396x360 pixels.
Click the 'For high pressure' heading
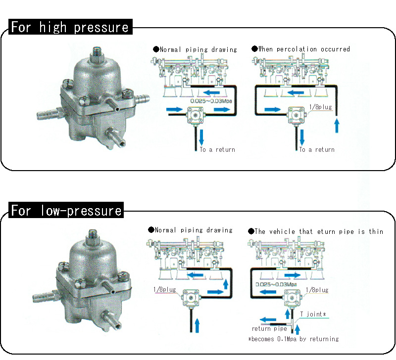(x=70, y=27)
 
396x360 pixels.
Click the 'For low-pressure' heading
(x=66, y=210)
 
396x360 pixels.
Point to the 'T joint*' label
(x=313, y=314)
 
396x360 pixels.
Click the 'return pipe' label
(x=269, y=328)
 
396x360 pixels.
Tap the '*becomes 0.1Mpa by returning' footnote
(x=294, y=339)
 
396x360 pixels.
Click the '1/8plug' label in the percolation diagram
(x=321, y=107)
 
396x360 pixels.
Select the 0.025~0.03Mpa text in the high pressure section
(x=211, y=101)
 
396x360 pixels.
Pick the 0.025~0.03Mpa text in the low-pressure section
(x=276, y=284)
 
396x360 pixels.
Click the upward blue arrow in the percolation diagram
(x=337, y=126)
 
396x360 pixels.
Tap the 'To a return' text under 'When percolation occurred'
(x=317, y=150)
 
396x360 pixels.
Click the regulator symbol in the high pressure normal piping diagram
(x=195, y=115)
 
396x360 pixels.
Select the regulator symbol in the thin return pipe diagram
(x=293, y=299)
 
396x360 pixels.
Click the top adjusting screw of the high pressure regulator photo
(x=97, y=53)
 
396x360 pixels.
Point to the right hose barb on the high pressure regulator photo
(x=142, y=98)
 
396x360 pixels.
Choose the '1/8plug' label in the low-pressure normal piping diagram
(x=165, y=289)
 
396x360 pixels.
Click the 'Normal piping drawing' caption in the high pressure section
(x=195, y=49)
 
